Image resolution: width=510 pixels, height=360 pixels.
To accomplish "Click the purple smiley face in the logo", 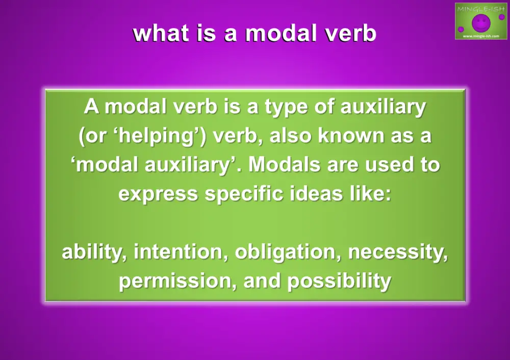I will click(x=480, y=22).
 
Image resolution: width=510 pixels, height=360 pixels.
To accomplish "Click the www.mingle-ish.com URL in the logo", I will click(x=480, y=36).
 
